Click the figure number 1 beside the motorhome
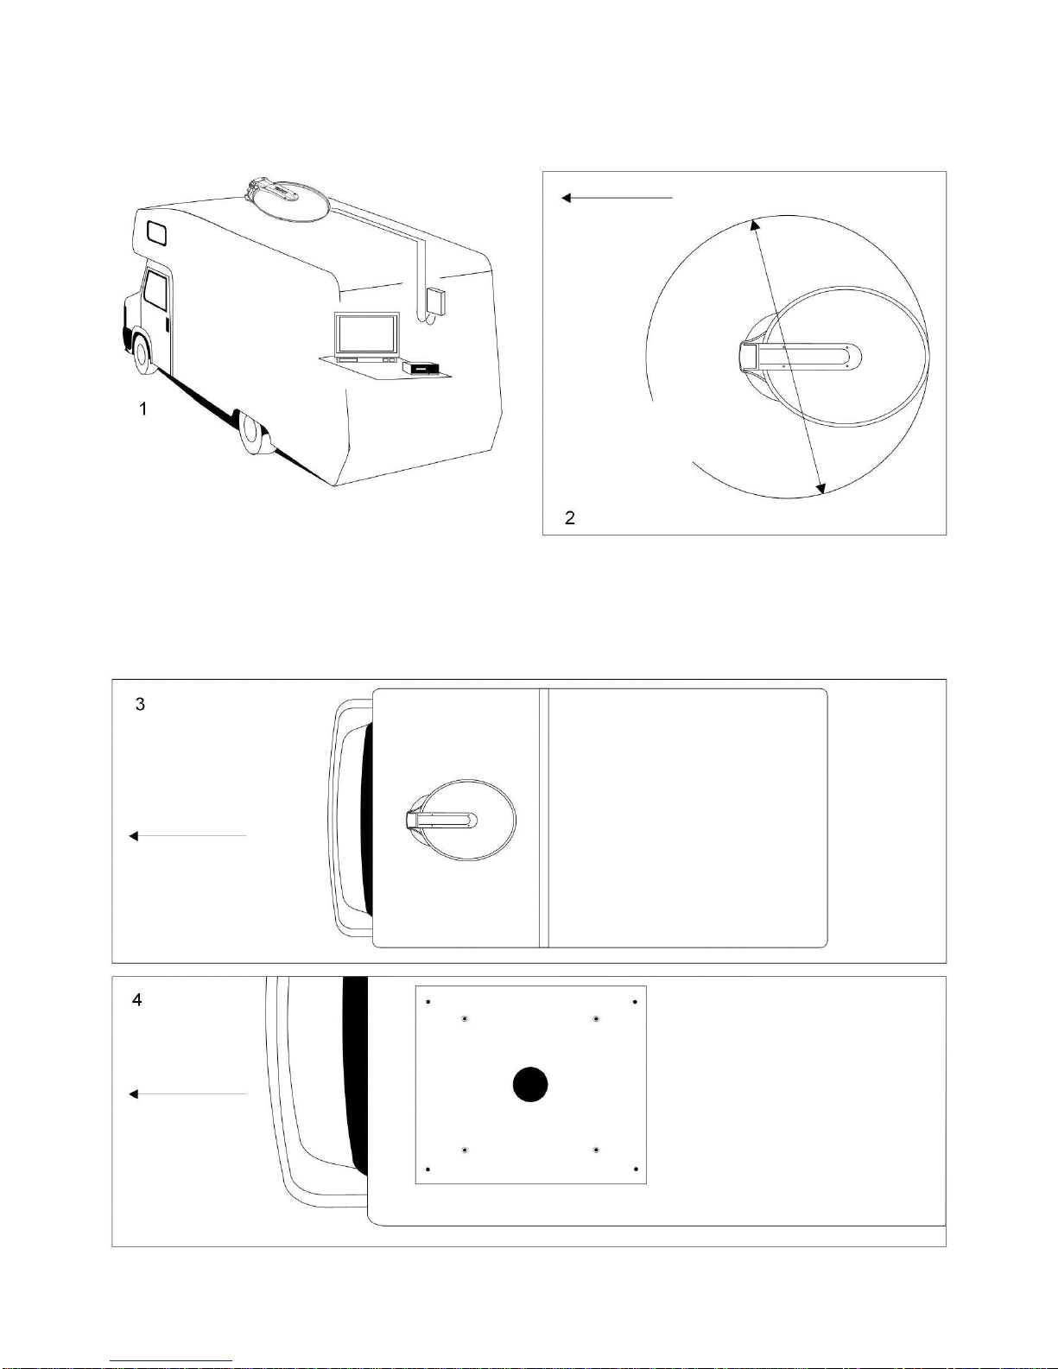tap(143, 409)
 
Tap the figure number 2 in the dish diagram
tap(570, 518)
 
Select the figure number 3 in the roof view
tap(140, 704)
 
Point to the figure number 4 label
tap(136, 1000)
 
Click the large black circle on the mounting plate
tap(530, 1084)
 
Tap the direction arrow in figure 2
tap(618, 198)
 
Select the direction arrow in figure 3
tap(187, 836)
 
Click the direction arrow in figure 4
tap(187, 1093)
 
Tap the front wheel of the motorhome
tap(143, 354)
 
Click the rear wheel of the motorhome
tap(255, 434)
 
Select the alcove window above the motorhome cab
tap(157, 233)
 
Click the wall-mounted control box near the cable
tap(435, 301)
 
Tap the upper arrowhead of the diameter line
tap(755, 225)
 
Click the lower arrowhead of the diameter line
tap(820, 488)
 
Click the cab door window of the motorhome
tap(155, 291)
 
